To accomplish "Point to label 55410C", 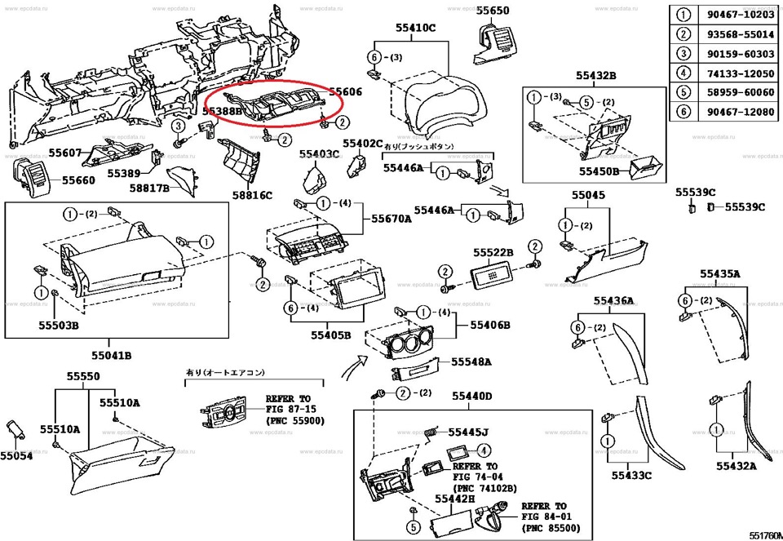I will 416,28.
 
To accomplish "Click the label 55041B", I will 112,356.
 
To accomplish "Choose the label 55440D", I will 474,396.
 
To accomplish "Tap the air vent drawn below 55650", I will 495,42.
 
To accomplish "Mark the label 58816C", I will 252,196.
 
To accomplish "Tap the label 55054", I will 16,455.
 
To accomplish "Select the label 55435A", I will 720,273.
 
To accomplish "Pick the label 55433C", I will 632,475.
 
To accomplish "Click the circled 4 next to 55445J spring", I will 484,450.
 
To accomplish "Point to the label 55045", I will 588,196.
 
